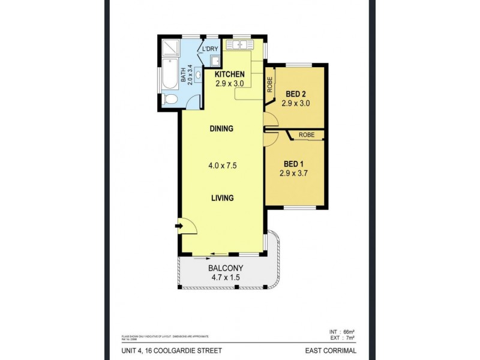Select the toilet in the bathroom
pos(170,99)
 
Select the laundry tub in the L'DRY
pos(214,61)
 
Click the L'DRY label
pos(209,49)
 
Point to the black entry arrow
pos(178,226)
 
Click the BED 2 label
pos(297,94)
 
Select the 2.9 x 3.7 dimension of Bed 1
pos(297,174)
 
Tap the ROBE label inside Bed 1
pos(307,135)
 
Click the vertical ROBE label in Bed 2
pos(271,83)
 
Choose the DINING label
pos(221,128)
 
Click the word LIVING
pos(221,198)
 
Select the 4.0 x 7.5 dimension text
pos(221,166)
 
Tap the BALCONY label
pos(221,268)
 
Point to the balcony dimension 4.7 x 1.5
pos(221,278)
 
